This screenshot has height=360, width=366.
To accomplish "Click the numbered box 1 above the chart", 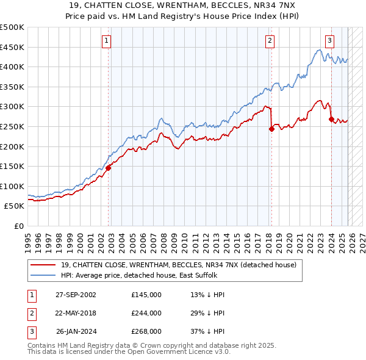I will tap(106, 41).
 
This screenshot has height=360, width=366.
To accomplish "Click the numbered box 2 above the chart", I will tap(270, 41).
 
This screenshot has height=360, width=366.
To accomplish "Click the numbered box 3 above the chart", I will tap(329, 41).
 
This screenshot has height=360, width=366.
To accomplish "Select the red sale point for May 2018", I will tap(271, 129).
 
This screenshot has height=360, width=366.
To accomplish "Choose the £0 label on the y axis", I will tap(18, 226).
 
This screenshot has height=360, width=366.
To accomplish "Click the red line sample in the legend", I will tap(42, 265).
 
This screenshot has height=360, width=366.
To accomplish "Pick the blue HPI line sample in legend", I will tap(42, 275).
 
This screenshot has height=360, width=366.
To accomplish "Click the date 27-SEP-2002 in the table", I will tap(76, 295).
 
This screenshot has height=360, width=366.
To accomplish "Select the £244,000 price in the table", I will tap(146, 313).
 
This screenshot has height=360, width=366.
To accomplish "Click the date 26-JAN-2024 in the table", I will tap(76, 331).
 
